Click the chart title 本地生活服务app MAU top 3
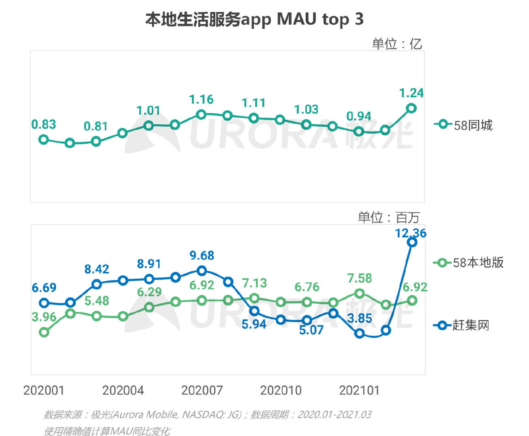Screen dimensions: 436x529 254,19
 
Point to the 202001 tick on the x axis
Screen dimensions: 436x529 44,390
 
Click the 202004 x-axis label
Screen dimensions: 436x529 123,390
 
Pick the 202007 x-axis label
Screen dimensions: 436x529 202,390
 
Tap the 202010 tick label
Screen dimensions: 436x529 281,390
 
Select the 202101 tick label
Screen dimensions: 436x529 359,390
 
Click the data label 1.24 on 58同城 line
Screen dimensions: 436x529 411,93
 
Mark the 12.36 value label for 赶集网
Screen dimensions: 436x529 410,233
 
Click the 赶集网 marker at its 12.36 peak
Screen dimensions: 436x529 412,242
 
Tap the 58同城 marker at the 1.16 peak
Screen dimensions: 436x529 201,115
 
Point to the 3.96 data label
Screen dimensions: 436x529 44,317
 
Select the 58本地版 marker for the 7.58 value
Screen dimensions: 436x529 359,293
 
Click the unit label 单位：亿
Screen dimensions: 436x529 397,44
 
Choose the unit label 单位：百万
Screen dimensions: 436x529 388,218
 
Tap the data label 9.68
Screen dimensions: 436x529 202,256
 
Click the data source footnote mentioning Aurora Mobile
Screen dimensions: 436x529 207,415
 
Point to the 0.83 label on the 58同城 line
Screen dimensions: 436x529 44,124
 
